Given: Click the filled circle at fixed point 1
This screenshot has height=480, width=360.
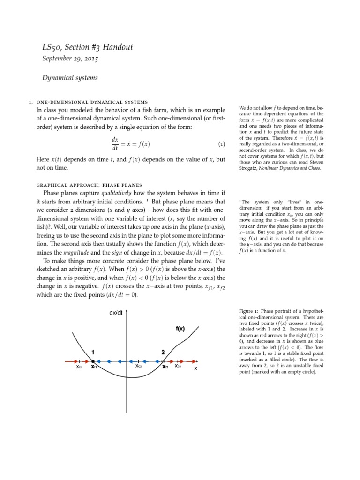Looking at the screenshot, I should click(x=93, y=361).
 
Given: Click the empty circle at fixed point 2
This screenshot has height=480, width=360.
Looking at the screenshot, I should click(x=164, y=361).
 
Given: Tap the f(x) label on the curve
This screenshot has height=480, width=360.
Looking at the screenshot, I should click(x=180, y=329).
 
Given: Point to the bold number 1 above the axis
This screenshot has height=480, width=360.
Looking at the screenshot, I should click(x=94, y=351).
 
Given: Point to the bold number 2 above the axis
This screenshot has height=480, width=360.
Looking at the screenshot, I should click(x=163, y=351).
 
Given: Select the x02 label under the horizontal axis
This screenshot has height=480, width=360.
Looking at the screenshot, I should click(x=139, y=367).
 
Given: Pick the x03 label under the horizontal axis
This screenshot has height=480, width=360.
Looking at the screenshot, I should click(x=178, y=367).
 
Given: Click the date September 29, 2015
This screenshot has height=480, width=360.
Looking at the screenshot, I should click(x=70, y=59).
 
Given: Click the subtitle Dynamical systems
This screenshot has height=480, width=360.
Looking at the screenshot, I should click(x=70, y=78).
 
